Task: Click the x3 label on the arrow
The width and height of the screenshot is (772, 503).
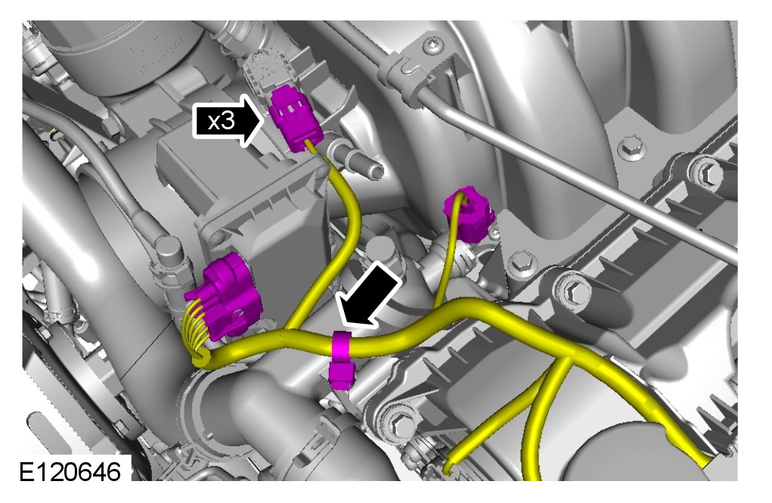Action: click(x=221, y=121)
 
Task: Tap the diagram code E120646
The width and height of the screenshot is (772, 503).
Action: click(x=70, y=472)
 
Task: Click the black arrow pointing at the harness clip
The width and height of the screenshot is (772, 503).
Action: click(x=372, y=294)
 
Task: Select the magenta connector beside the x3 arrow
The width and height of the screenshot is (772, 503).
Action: click(x=296, y=118)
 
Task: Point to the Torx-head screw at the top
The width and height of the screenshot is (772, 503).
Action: click(x=433, y=46)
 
